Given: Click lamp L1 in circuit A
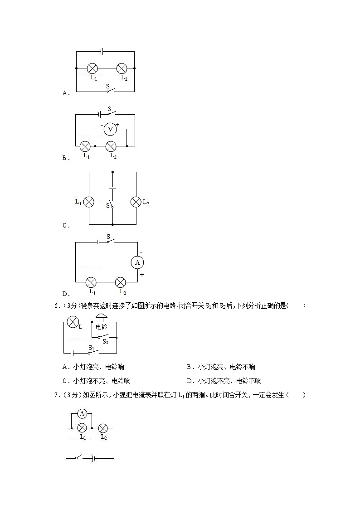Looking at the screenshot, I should [92, 68].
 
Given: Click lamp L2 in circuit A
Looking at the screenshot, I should [122, 68].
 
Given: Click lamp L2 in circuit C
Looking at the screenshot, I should [136, 202].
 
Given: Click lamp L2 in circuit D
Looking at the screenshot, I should [120, 282].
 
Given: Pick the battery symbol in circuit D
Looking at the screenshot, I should [98, 242].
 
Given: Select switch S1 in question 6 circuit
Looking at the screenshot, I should [92, 352].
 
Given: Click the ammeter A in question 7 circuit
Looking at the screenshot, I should [82, 413].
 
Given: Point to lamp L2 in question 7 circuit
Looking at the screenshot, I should [103, 427].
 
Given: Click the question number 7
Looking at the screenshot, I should [56, 395].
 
